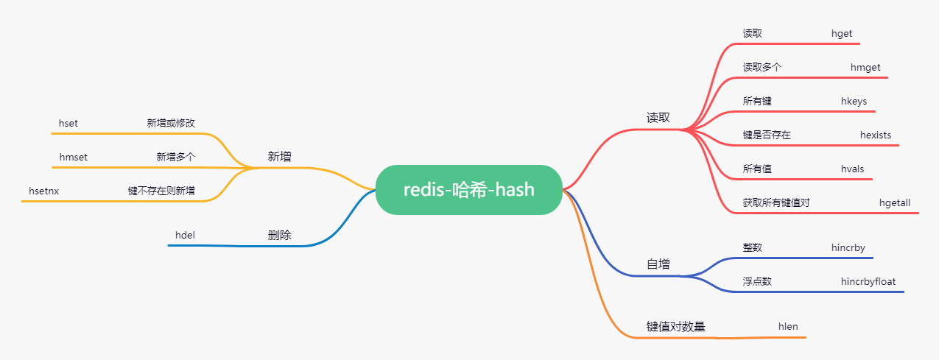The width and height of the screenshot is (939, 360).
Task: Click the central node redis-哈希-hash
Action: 469,190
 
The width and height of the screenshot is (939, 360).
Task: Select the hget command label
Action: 842,33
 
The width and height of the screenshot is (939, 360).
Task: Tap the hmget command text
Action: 865,67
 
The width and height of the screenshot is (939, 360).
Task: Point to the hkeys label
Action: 854,101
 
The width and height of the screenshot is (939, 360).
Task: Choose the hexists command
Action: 875,135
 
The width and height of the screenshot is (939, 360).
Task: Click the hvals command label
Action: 852,169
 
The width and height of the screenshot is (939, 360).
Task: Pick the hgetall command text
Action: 894,202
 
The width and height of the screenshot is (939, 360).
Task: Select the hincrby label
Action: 848,247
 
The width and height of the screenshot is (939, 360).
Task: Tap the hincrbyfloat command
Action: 868,281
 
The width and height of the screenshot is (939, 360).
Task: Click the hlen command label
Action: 788,326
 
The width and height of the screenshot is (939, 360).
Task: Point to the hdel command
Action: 185,235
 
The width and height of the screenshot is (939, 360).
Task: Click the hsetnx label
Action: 43,191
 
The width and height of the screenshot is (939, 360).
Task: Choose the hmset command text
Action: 74,157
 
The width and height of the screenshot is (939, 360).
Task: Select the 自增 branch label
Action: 658,264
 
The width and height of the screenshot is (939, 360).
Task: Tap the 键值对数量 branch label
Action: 675,326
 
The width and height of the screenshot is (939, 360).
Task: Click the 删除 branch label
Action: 279,235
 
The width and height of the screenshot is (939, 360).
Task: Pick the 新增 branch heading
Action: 279,156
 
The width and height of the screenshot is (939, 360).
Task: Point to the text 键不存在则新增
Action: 161,191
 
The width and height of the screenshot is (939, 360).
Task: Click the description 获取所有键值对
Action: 776,202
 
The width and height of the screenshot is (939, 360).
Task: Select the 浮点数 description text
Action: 757,281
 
